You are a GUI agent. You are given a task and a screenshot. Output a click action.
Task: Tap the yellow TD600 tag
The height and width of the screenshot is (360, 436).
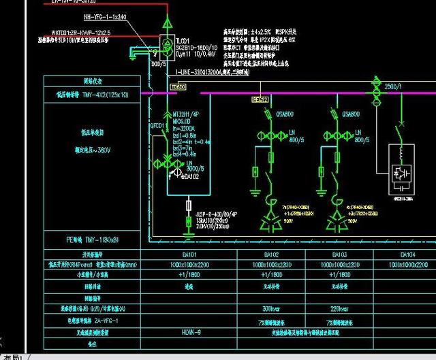(x=178, y=87)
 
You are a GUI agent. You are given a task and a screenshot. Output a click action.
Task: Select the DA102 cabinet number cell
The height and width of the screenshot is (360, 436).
(x=271, y=255)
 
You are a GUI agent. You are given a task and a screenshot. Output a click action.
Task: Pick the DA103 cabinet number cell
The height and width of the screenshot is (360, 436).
(x=339, y=255)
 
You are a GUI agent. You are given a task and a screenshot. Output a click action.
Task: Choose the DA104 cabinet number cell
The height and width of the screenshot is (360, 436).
(x=407, y=255)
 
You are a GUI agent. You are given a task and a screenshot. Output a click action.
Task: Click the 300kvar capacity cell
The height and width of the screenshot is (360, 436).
(x=270, y=308)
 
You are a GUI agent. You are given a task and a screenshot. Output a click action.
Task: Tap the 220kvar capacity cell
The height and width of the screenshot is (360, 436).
(x=339, y=308)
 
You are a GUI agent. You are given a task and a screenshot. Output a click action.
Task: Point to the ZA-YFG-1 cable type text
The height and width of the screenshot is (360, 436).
(x=103, y=320)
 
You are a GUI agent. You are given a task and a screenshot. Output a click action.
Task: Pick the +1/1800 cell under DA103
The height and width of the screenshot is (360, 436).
(x=339, y=274)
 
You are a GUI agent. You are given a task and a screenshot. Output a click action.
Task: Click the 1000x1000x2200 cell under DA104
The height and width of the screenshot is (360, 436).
(x=407, y=264)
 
